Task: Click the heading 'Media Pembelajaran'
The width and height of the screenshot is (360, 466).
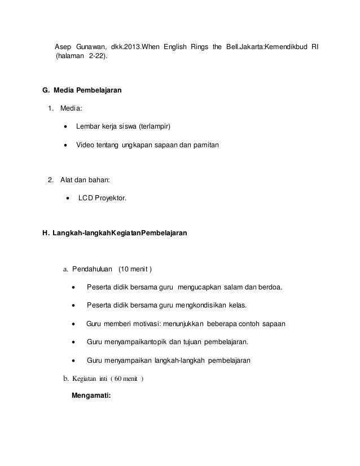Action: coord(84,90)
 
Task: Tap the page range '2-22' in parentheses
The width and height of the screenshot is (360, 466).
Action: coord(96,58)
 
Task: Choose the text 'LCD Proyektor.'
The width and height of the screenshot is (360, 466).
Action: coord(102,199)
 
